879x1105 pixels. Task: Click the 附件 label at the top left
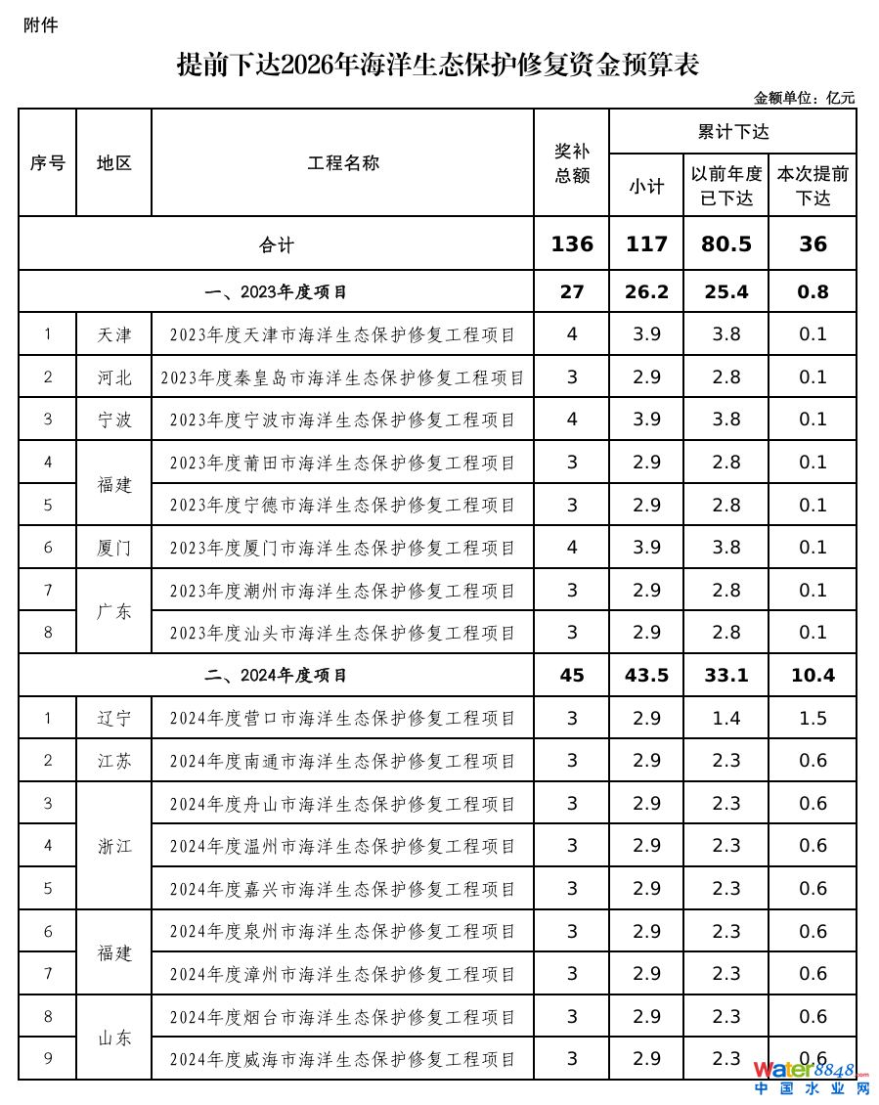point(41,25)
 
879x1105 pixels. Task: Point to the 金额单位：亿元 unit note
point(804,98)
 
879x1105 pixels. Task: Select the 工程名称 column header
point(343,163)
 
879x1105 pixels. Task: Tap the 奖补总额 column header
point(572,163)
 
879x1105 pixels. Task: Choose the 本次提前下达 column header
point(813,186)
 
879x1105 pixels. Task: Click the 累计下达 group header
point(732,131)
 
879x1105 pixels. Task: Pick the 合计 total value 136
point(572,244)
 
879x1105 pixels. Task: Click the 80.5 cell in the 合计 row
point(725,244)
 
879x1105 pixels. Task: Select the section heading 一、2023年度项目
point(277,291)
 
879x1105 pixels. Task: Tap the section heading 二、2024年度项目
point(277,676)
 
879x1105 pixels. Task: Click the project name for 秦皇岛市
point(343,377)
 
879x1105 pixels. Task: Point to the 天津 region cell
point(114,334)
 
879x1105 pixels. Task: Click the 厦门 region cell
point(114,548)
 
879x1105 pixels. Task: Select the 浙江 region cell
point(114,847)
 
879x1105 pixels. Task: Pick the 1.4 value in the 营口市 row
point(725,719)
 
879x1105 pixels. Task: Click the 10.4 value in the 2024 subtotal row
point(813,676)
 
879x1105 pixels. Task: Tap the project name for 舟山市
point(343,804)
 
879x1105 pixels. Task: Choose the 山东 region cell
point(114,1039)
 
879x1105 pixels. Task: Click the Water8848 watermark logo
point(811,1077)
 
